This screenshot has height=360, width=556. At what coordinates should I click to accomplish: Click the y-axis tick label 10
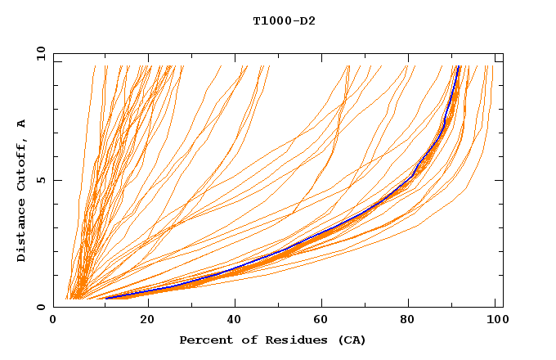click(41, 53)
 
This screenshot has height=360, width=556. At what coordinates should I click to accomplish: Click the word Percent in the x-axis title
click(204, 340)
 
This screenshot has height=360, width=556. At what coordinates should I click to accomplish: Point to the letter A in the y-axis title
click(22, 124)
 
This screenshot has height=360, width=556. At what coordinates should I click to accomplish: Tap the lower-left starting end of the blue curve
click(106, 298)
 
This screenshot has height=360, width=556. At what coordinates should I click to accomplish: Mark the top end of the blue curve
click(459, 66)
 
